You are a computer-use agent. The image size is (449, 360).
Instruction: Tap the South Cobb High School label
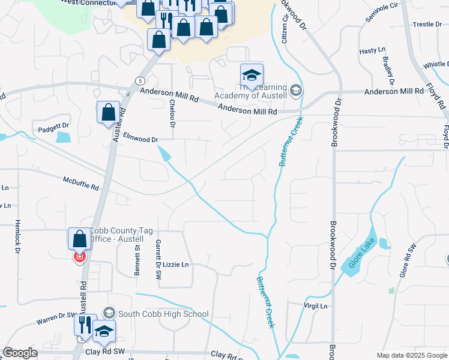click(x=163, y=314)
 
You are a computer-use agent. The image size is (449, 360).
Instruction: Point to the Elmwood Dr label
click(x=140, y=138)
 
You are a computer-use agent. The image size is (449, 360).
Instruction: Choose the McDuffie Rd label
click(x=80, y=183)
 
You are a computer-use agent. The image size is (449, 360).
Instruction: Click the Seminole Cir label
click(x=382, y=15)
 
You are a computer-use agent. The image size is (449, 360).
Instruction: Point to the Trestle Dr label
click(x=427, y=25)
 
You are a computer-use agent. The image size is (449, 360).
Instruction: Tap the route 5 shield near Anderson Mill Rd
click(x=140, y=80)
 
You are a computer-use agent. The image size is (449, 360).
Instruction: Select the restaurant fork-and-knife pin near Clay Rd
click(x=85, y=325)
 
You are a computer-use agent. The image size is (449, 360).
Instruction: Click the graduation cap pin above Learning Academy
click(x=252, y=75)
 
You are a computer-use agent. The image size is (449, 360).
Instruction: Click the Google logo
click(x=20, y=353)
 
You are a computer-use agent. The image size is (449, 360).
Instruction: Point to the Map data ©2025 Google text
click(x=411, y=355)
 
